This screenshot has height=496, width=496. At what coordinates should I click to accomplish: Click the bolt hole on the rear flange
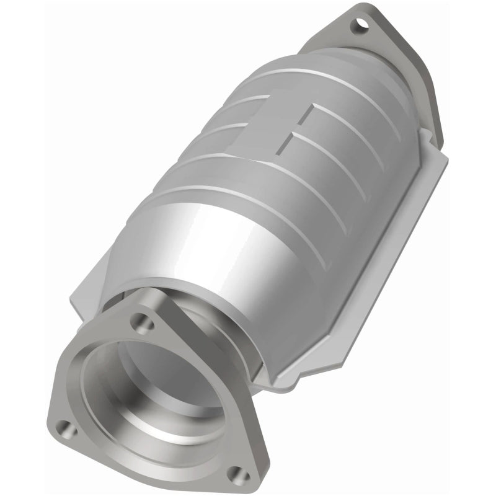359,26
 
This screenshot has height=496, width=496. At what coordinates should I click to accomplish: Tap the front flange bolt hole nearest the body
141,322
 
